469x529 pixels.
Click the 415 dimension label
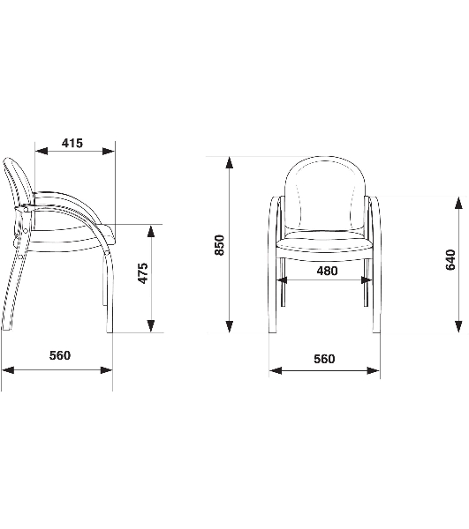[x=72, y=143]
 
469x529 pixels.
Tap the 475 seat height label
[x=144, y=273]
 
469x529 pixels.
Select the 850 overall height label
[x=220, y=245]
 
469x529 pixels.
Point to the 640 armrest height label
[x=450, y=260]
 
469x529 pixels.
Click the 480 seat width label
[x=327, y=271]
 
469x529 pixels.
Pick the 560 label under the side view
[x=60, y=355]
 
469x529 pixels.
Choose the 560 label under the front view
[x=324, y=359]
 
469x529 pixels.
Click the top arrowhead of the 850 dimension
[x=230, y=162]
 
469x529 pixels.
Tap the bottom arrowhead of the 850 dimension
[x=230, y=326]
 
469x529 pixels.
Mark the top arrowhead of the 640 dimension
[x=458, y=203]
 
